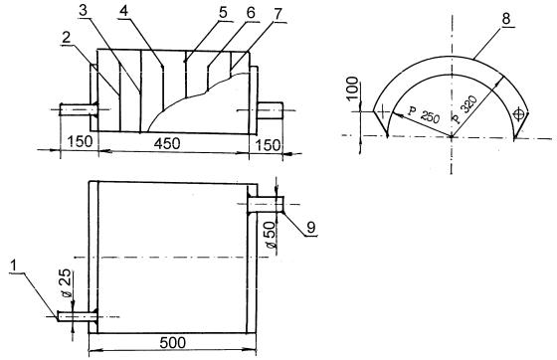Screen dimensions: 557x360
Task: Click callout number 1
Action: point(15,266)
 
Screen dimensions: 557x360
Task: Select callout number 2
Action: point(67,39)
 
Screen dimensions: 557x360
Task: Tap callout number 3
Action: point(84,11)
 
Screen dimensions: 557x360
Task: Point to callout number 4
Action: point(123,11)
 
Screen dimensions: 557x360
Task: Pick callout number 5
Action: point(223,13)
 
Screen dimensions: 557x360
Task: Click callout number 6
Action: point(251,13)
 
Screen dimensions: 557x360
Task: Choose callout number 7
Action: point(278,14)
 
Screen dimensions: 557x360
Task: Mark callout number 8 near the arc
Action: point(506,20)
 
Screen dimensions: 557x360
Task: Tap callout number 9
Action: point(311,227)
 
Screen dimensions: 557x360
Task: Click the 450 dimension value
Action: point(167,143)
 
